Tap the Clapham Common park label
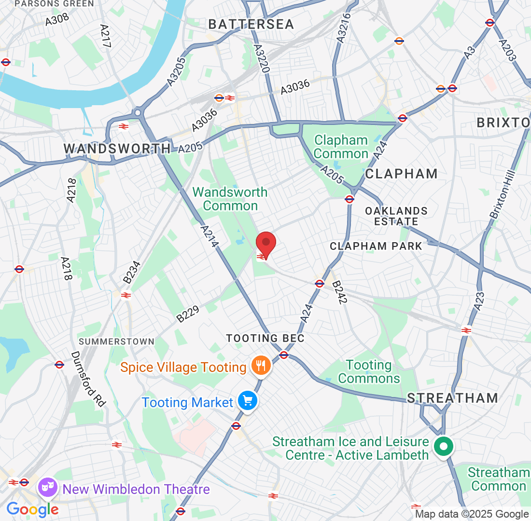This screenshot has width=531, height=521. pos(341,147)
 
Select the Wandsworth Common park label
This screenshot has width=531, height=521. pos(230,199)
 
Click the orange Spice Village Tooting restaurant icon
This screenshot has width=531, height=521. pos(261,367)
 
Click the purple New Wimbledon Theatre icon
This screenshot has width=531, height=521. pos(48,489)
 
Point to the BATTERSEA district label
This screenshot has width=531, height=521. pos(251,25)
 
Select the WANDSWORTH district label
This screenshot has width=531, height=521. pos(117,149)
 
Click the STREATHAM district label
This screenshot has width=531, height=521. pos(452,398)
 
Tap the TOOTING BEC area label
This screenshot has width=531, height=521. pos(265,338)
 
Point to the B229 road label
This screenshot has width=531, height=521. pos(188,311)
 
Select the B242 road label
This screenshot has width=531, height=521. pos(340,293)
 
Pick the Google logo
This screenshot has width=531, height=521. pos(32,508)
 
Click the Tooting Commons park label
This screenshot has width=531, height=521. pos(369,372)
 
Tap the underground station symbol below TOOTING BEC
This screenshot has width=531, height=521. pos(284,356)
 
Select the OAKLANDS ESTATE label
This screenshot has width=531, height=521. pos(396,217)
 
